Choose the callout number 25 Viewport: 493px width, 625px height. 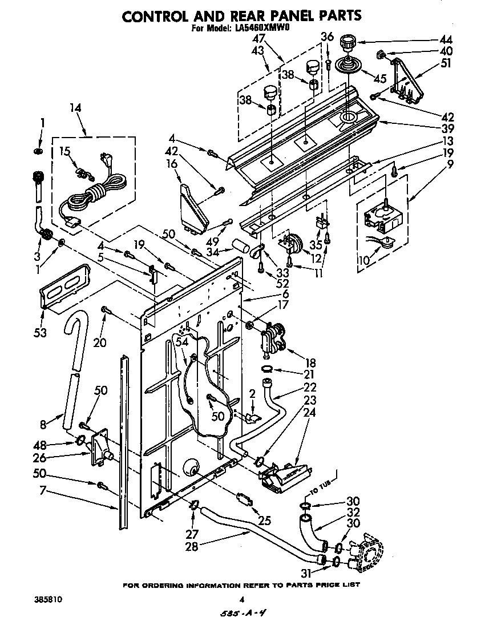264,521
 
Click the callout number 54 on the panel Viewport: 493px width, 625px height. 181,341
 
